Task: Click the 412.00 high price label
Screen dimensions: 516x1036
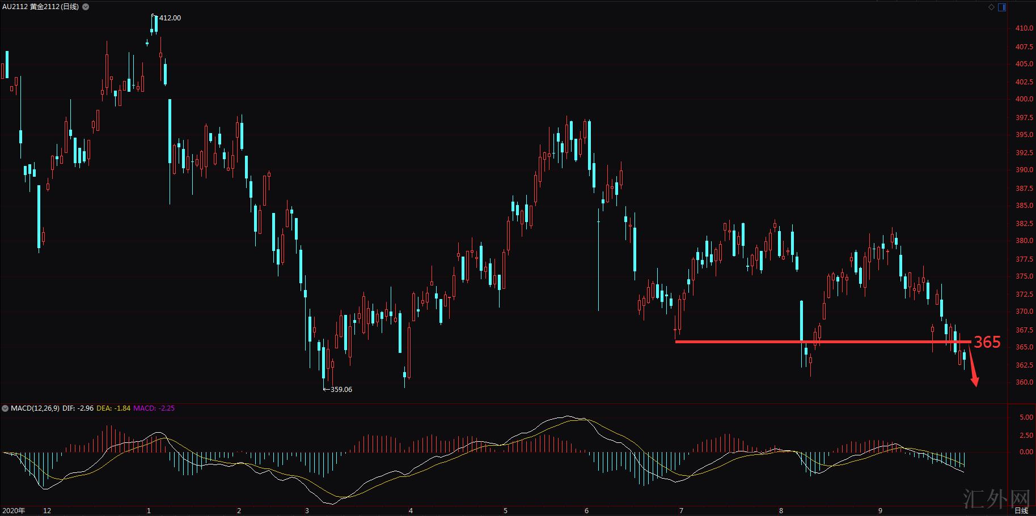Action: coord(170,18)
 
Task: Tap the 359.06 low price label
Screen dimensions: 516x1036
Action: coord(341,390)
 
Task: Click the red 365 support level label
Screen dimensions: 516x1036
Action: coord(987,342)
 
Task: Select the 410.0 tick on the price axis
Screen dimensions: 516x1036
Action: coord(1024,28)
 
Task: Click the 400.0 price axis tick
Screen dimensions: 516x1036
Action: coord(1024,99)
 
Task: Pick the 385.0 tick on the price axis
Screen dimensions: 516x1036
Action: coord(1024,206)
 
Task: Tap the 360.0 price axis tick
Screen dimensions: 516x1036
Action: coord(1024,382)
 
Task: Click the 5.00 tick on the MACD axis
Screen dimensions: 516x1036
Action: coord(1026,417)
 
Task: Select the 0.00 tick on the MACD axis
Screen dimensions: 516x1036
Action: coord(1026,452)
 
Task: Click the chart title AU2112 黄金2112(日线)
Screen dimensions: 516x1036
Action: coord(40,7)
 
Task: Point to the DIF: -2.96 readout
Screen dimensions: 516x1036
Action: coord(78,408)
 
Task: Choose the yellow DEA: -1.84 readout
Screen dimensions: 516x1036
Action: coord(113,408)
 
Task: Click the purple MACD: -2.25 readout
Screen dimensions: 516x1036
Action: coord(154,408)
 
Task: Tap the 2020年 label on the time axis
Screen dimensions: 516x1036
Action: coord(14,511)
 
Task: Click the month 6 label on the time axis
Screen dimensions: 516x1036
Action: coord(586,511)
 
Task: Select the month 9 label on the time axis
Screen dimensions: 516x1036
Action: coord(880,511)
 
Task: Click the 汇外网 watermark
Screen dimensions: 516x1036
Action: coord(996,499)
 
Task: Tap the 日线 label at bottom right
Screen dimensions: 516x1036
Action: coord(1021,511)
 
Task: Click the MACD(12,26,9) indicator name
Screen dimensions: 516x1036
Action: coord(35,408)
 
